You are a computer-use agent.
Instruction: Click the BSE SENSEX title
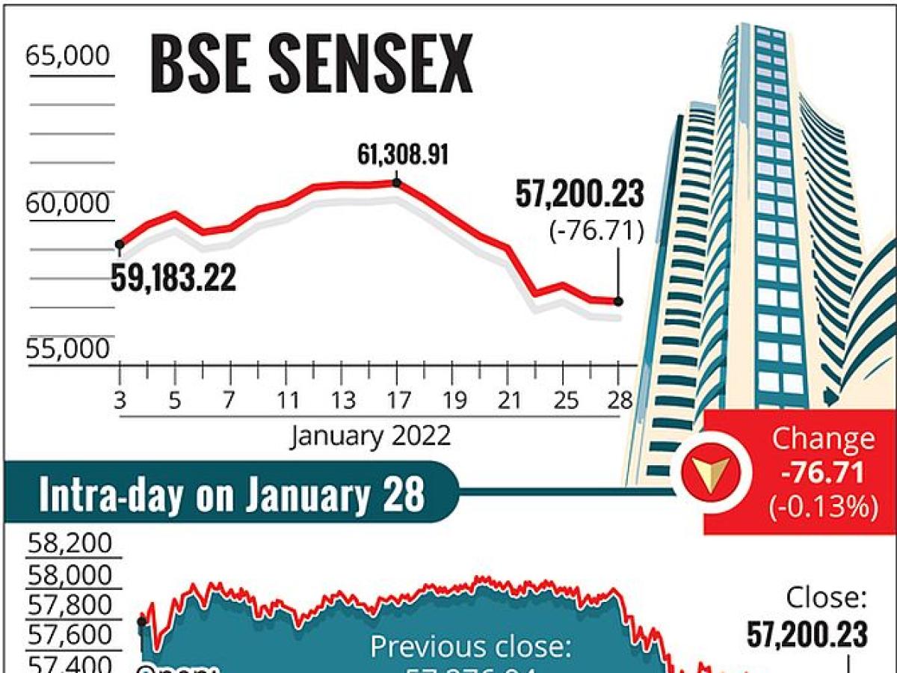[311, 66]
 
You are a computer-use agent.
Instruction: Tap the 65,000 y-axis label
[68, 56]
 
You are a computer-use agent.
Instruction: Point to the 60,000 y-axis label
[68, 203]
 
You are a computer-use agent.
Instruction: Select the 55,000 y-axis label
[68, 349]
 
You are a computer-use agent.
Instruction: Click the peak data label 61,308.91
[404, 157]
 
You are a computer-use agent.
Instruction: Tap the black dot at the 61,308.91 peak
[396, 182]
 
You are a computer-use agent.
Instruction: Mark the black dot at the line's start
[119, 244]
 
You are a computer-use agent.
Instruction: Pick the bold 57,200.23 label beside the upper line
[579, 195]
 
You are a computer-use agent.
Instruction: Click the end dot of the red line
[618, 301]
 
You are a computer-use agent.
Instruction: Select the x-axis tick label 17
[396, 401]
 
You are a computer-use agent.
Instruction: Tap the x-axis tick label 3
[120, 401]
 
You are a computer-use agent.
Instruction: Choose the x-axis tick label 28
[618, 401]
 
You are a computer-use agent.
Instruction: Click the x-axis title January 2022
[371, 434]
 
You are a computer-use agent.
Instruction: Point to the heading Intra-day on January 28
[232, 494]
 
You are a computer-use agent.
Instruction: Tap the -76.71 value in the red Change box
[822, 473]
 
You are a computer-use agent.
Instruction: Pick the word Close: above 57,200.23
[826, 598]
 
